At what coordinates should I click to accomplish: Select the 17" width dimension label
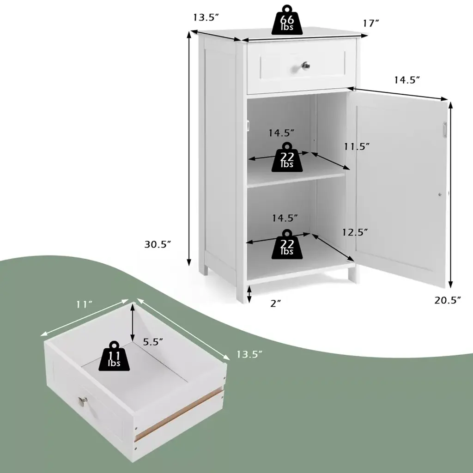point(370,23)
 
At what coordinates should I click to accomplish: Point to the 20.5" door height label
point(448,300)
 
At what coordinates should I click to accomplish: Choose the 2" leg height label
point(276,303)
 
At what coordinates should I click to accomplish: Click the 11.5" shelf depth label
point(357,146)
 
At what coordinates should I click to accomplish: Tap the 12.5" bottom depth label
point(355,232)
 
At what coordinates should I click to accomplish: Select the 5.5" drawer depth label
point(153,342)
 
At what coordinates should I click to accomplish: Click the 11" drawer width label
point(84,305)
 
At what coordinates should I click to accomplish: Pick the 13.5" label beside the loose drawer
point(249,354)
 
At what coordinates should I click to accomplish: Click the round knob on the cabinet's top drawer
point(306,66)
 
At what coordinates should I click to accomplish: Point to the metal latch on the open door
point(445,130)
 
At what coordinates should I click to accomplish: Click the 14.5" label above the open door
point(407,80)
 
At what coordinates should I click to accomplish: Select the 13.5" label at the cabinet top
point(206,17)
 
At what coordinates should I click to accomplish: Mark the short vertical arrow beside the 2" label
point(249,294)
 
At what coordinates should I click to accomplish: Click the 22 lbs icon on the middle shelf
point(287,157)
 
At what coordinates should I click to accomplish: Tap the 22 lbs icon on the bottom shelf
point(287,244)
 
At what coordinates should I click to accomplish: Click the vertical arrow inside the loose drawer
point(133,322)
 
